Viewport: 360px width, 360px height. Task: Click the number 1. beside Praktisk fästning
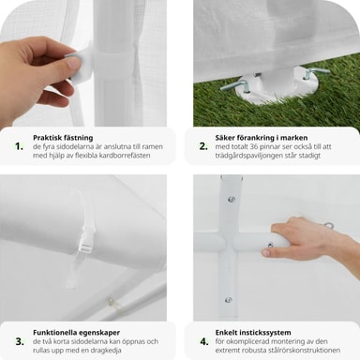pyautogui.click(x=20, y=146)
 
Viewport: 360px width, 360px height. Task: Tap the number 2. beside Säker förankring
pyautogui.click(x=203, y=146)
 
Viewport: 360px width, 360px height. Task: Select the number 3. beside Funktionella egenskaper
pyautogui.click(x=20, y=341)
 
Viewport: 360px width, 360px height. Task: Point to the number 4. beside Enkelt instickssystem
pyautogui.click(x=204, y=341)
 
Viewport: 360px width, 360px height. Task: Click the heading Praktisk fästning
pyautogui.click(x=63, y=138)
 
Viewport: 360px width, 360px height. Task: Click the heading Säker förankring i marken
pyautogui.click(x=262, y=138)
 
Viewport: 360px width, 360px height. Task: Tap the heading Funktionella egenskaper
pyautogui.click(x=76, y=333)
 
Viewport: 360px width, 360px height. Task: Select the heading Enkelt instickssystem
pyautogui.click(x=253, y=333)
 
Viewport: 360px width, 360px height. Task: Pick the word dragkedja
pyautogui.click(x=106, y=351)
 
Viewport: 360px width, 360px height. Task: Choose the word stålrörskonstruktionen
pyautogui.click(x=304, y=350)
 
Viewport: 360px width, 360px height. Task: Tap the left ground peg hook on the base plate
pyautogui.click(x=235, y=85)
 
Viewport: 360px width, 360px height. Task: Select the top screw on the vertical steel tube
pyautogui.click(x=232, y=199)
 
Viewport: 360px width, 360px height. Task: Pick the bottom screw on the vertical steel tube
pyautogui.click(x=229, y=300)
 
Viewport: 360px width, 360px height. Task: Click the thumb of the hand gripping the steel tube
pyautogui.click(x=266, y=252)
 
